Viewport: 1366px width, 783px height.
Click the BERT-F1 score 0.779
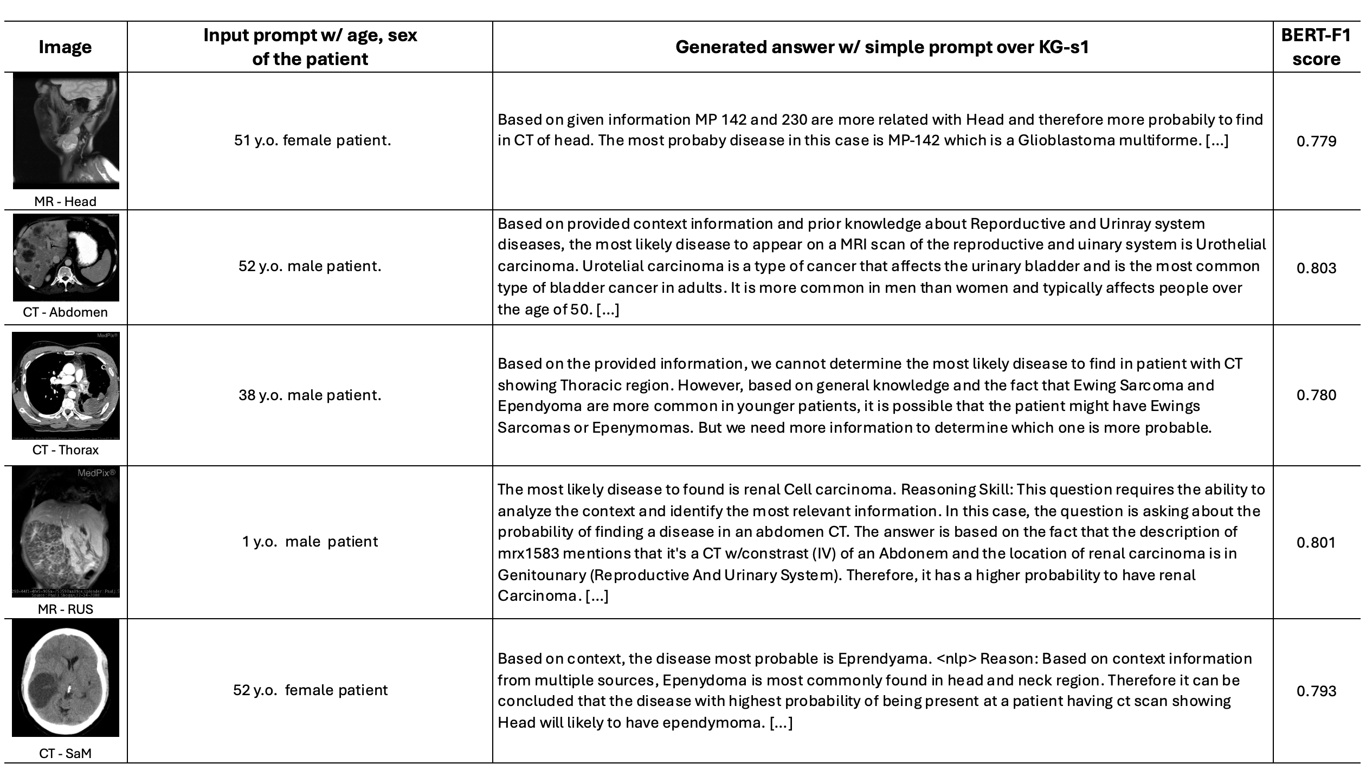click(x=1316, y=142)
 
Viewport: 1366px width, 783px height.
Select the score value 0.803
click(x=1316, y=268)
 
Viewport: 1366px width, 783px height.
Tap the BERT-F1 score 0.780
click(x=1316, y=395)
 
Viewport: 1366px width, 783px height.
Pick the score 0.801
click(x=1316, y=542)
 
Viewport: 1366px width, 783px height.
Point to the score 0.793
click(x=1316, y=691)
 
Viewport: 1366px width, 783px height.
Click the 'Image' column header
click(x=65, y=47)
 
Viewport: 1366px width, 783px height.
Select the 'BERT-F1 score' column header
click(x=1316, y=47)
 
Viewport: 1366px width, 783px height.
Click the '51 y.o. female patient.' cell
click(x=312, y=141)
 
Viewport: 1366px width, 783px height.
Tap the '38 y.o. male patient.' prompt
click(x=310, y=395)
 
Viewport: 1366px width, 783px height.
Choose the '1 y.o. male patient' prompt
click(x=310, y=542)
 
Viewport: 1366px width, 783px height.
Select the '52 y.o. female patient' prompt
click(x=310, y=690)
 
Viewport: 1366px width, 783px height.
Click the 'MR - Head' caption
click(x=65, y=202)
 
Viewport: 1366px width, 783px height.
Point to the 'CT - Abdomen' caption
click(x=65, y=312)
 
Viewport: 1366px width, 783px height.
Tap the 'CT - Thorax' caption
click(x=65, y=450)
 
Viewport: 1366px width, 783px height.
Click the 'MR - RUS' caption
click(x=65, y=609)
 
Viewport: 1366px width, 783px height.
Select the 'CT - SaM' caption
click(x=65, y=754)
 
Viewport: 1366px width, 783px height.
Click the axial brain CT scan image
click(x=66, y=678)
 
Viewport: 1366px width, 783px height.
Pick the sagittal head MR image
click(x=66, y=131)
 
